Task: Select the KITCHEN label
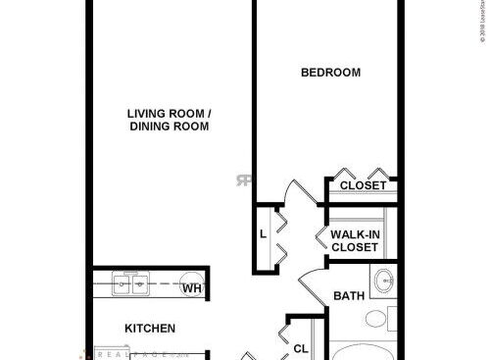pyautogui.click(x=149, y=328)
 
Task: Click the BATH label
pyautogui.click(x=349, y=295)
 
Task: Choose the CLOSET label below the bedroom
pyautogui.click(x=362, y=184)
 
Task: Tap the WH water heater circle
pyautogui.click(x=193, y=287)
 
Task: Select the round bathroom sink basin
pyautogui.click(x=384, y=279)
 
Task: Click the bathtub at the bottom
pyautogui.click(x=363, y=351)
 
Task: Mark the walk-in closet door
pyautogui.click(x=319, y=238)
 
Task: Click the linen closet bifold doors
pyautogui.click(x=280, y=235)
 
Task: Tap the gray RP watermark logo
pyautogui.click(x=243, y=180)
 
